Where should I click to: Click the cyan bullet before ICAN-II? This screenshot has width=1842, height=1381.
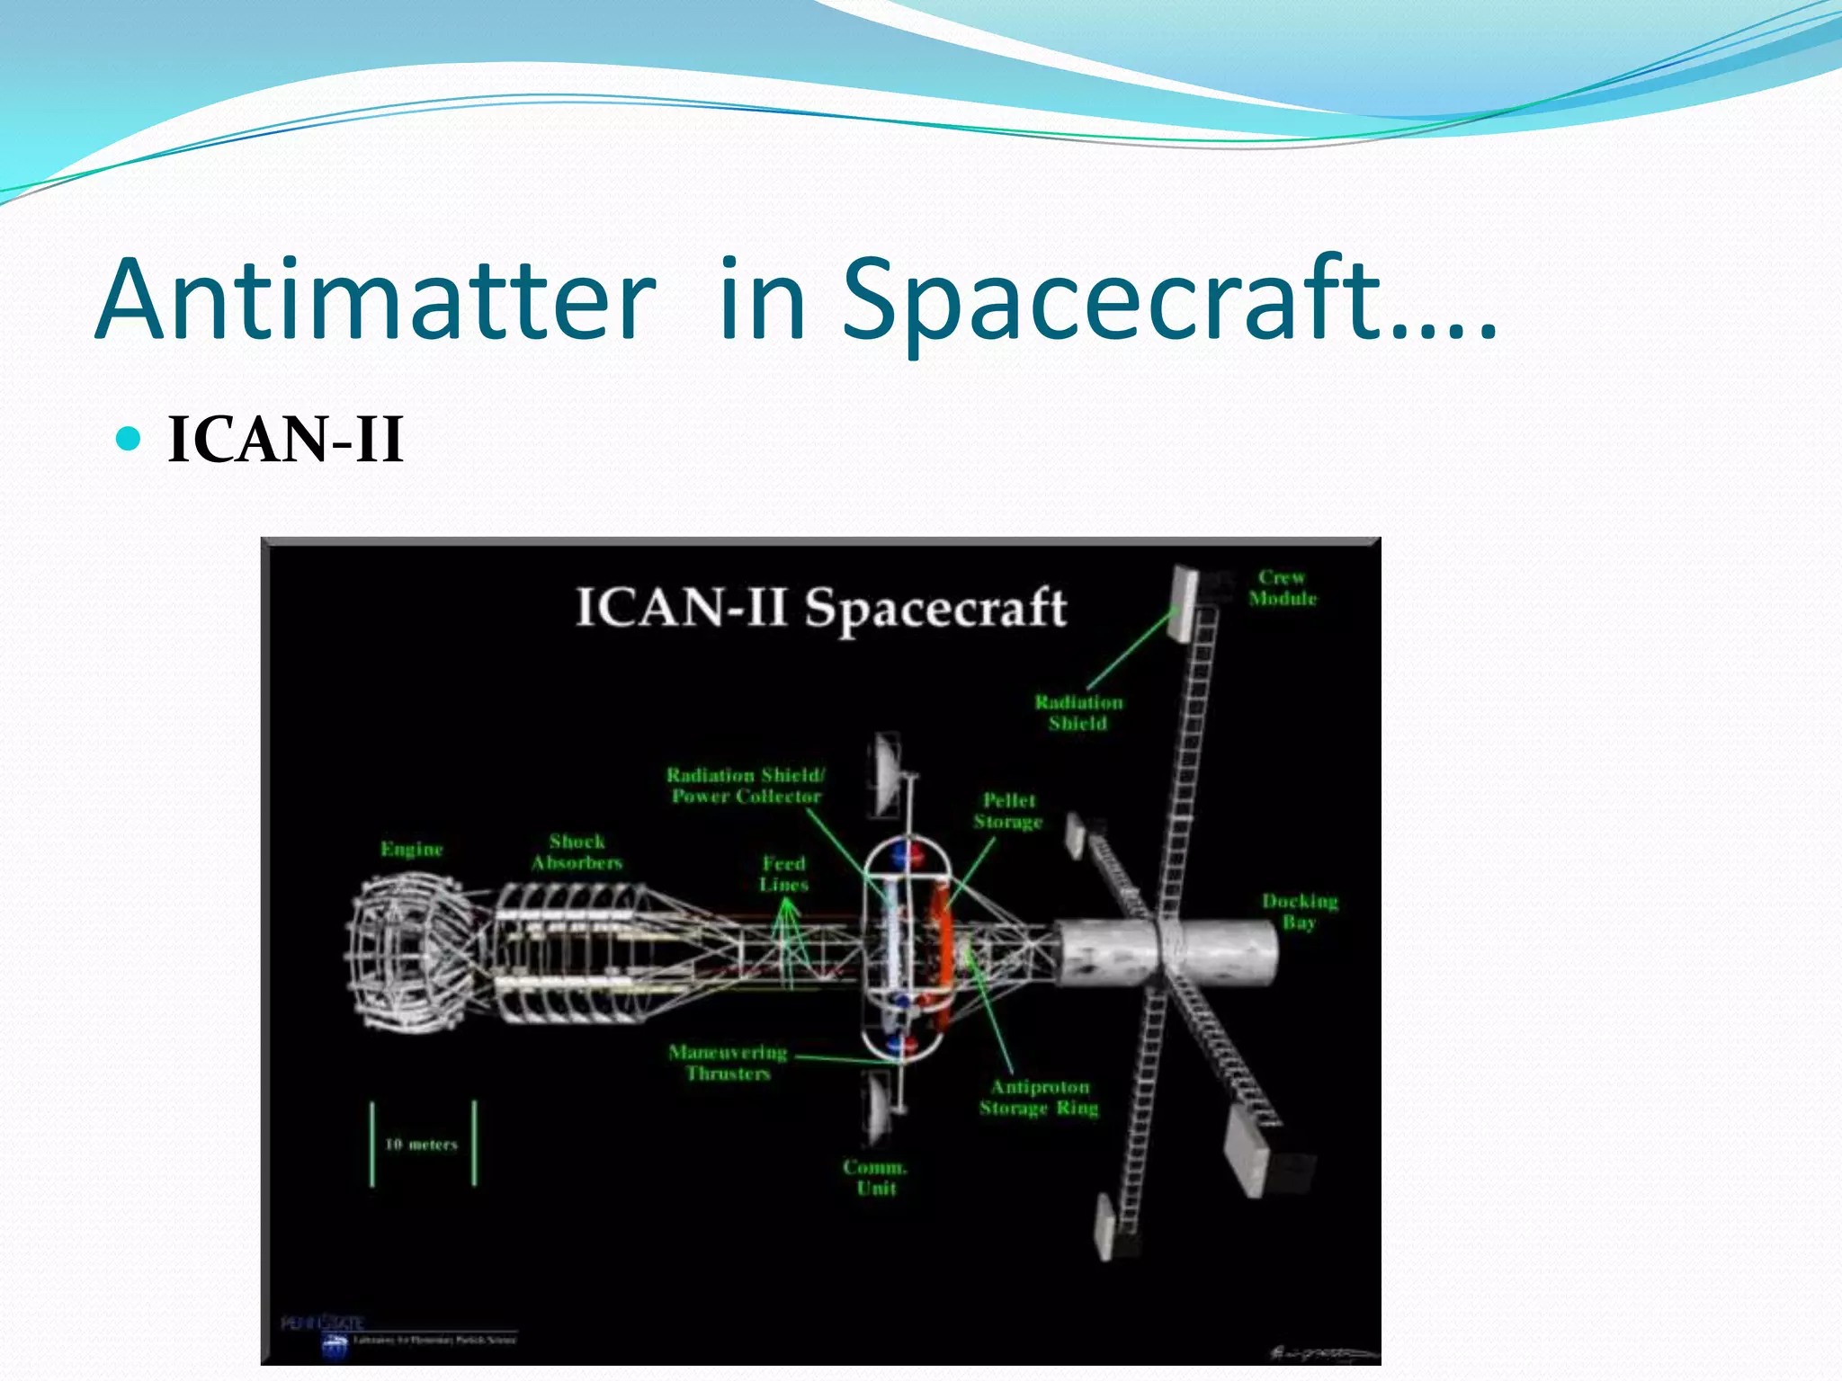[x=130, y=439]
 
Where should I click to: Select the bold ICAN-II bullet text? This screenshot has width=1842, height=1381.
[x=285, y=441]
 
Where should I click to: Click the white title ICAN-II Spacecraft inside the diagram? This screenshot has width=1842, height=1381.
[x=820, y=608]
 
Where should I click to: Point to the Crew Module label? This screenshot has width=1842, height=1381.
[x=1282, y=588]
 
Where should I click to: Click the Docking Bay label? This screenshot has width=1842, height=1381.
[x=1300, y=911]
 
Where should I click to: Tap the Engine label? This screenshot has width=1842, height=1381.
[x=412, y=849]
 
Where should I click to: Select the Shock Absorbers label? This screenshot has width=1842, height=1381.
[x=577, y=852]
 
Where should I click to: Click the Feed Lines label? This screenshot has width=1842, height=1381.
[x=783, y=874]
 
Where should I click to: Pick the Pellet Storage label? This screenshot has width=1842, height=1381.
[x=1008, y=811]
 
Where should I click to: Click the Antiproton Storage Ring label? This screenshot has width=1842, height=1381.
[x=1040, y=1098]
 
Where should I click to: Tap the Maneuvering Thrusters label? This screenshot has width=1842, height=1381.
[x=728, y=1063]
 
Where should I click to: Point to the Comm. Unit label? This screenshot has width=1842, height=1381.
[x=875, y=1178]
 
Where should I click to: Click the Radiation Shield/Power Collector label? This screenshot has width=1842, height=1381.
[x=746, y=786]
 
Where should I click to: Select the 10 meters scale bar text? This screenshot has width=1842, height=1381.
[x=421, y=1145]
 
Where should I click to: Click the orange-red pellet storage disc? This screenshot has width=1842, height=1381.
[x=941, y=953]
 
